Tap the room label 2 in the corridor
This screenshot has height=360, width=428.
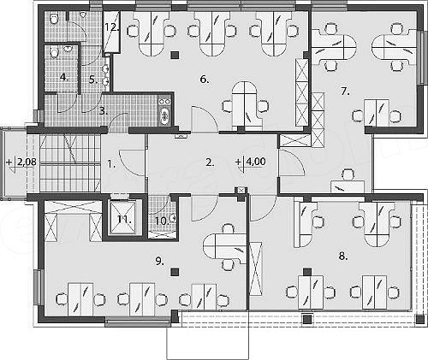[208, 161]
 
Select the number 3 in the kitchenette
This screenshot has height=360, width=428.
[102, 109]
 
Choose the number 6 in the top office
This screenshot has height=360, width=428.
[204, 79]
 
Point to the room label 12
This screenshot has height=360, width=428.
[110, 27]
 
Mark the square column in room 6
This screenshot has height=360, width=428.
[175, 56]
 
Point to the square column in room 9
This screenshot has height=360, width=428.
[175, 272]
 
